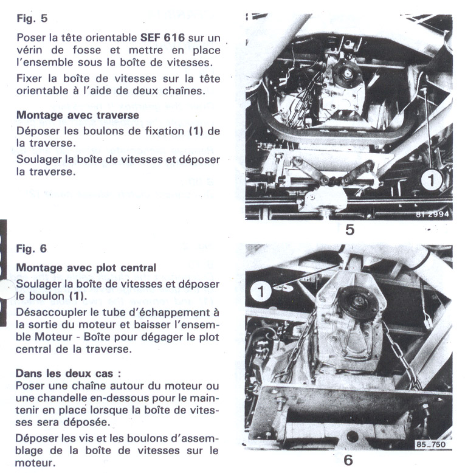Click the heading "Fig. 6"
tap(31, 249)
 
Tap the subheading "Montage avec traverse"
tap(78, 115)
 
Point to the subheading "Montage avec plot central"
tap(86, 268)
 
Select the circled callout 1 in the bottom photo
tap(261, 292)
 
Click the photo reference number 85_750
tap(431, 444)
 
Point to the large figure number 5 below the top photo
tap(350, 230)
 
